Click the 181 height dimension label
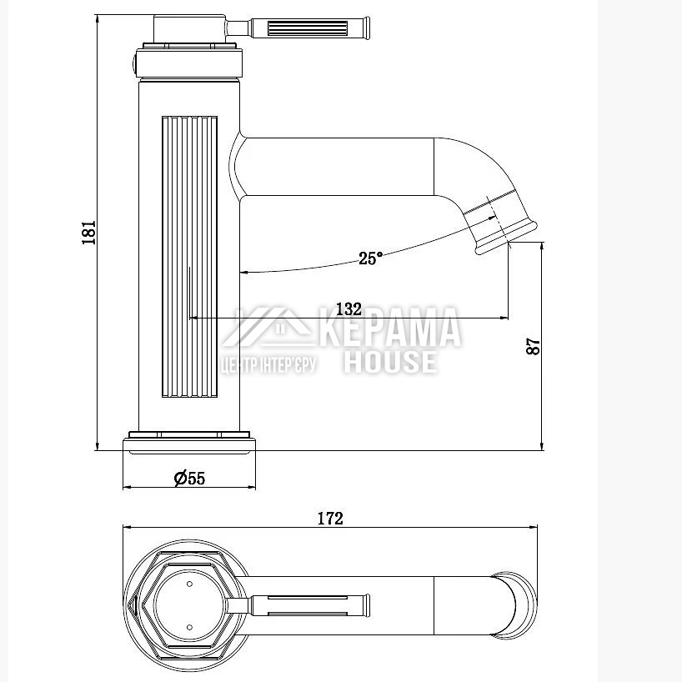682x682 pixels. [88, 233]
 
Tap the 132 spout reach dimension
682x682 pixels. [349, 309]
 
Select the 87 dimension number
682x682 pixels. [533, 347]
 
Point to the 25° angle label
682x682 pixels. [370, 258]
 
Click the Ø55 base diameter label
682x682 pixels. [189, 479]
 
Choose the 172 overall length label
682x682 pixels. [330, 519]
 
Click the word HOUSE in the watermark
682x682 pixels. [390, 363]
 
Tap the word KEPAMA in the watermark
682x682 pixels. [390, 327]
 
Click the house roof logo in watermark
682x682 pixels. [268, 328]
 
